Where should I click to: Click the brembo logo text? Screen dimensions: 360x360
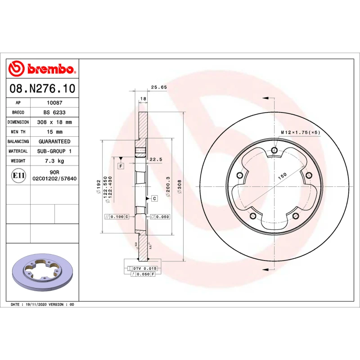(x=50, y=69)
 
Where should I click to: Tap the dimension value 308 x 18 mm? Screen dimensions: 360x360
(x=54, y=122)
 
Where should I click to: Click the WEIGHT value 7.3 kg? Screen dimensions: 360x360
(x=54, y=161)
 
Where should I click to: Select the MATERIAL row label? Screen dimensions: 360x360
(x=18, y=151)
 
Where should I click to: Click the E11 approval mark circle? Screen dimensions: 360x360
(x=18, y=175)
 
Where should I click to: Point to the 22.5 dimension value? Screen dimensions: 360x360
(x=156, y=159)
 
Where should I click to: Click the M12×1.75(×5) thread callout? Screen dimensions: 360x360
(x=300, y=132)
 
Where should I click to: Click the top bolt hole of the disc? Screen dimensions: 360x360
(x=274, y=150)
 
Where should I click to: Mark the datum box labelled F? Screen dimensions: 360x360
(x=121, y=166)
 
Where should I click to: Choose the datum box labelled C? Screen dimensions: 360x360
(x=154, y=198)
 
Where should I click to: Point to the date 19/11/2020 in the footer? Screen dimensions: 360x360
(x=36, y=305)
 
